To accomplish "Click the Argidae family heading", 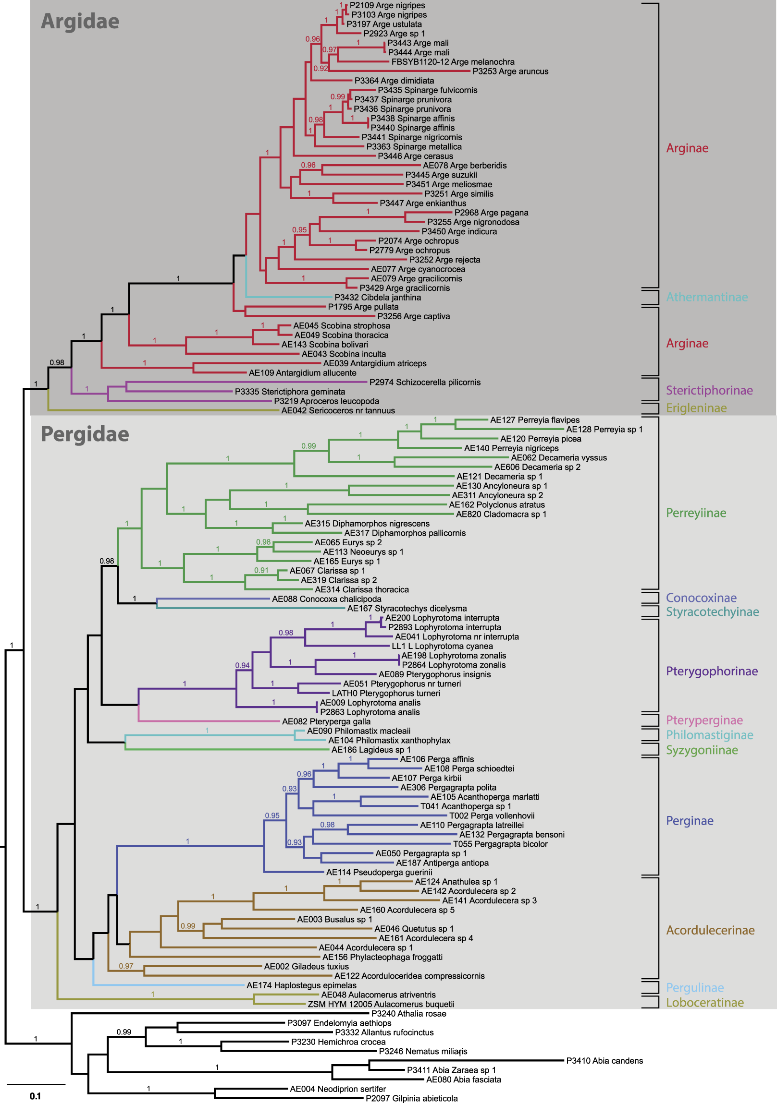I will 80,21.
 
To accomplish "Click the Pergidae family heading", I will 85,434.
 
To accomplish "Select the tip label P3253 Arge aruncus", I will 510,72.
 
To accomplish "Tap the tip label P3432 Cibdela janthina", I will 377,298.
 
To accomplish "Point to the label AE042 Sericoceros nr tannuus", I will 338,411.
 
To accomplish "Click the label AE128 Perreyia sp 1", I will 604,430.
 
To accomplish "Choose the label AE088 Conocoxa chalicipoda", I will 326,599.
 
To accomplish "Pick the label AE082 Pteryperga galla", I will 326,721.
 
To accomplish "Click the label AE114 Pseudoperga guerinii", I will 379,873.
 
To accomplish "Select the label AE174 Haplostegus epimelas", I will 301,985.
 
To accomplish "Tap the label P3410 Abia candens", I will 604,1061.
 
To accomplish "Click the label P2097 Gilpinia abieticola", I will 412,1098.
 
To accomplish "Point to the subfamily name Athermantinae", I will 706,298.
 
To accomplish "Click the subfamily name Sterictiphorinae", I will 709,390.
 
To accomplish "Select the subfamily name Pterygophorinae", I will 712,671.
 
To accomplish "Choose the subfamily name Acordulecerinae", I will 710,930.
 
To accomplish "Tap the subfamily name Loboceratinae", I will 704,1003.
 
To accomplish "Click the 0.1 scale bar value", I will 35,1096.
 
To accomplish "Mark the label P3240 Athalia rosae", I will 409,1014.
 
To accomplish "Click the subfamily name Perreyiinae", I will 696,513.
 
